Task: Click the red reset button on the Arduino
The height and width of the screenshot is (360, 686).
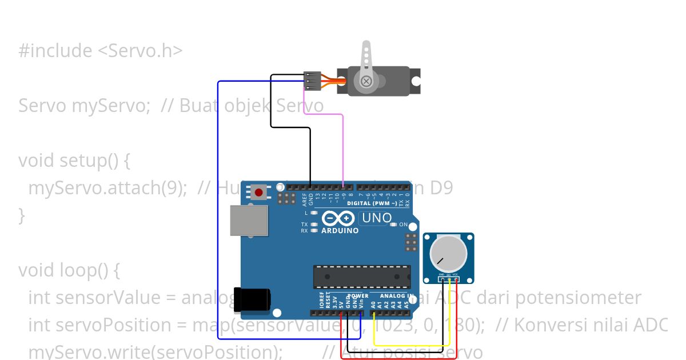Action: [259, 192]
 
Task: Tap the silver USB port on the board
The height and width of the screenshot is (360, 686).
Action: [249, 221]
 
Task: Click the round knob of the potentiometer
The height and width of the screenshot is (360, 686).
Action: [448, 254]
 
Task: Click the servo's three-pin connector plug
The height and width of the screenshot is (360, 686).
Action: [312, 81]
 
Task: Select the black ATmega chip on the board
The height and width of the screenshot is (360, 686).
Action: [361, 277]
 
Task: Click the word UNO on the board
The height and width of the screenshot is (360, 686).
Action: [377, 218]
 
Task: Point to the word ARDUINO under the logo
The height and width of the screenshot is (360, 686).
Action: [340, 231]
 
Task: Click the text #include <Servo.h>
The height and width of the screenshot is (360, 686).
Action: [100, 51]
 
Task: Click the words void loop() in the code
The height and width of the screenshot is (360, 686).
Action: [69, 270]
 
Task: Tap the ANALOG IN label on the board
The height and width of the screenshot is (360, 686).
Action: [395, 296]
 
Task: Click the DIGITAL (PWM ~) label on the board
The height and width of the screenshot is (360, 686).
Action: [372, 203]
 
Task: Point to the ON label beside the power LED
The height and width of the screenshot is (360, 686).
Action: [404, 225]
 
